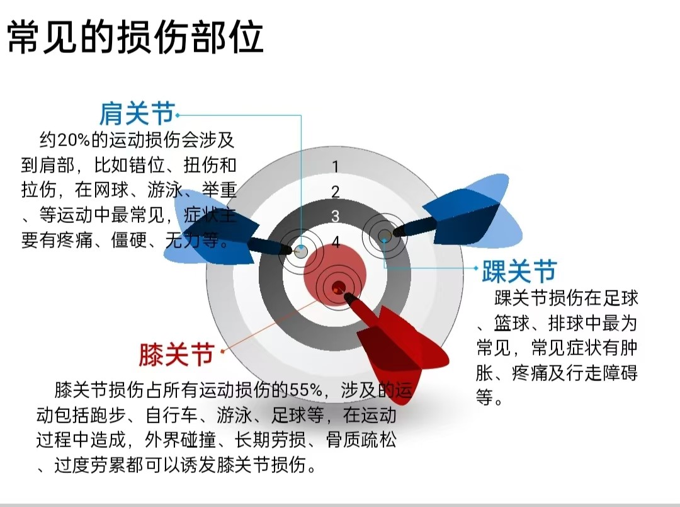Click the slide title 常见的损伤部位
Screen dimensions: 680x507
tap(136, 37)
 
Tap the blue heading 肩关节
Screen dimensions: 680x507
tap(137, 114)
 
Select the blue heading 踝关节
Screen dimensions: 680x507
tap(519, 271)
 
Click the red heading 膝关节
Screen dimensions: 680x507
tap(176, 355)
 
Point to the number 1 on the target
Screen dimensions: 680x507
tap(335, 166)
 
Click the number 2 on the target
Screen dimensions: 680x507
tap(335, 191)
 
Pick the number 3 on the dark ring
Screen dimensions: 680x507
tap(335, 216)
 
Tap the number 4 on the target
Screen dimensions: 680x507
tap(336, 242)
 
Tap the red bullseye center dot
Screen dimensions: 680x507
tap(338, 287)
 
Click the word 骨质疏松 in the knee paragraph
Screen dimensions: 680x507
tap(361, 440)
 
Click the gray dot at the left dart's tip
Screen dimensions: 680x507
tap(301, 251)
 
